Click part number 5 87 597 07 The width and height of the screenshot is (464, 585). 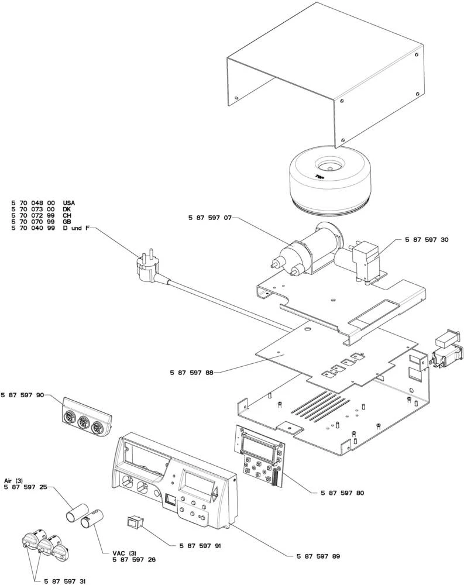click(x=210, y=217)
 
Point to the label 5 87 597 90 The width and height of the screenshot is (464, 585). click(x=23, y=396)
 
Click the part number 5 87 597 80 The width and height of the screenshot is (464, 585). click(x=342, y=493)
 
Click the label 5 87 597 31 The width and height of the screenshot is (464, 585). click(x=65, y=581)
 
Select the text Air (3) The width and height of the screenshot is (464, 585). click(x=13, y=480)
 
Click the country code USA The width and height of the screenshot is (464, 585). click(x=68, y=203)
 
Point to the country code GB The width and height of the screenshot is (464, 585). click(x=66, y=222)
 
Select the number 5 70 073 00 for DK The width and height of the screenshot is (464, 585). click(x=33, y=209)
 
